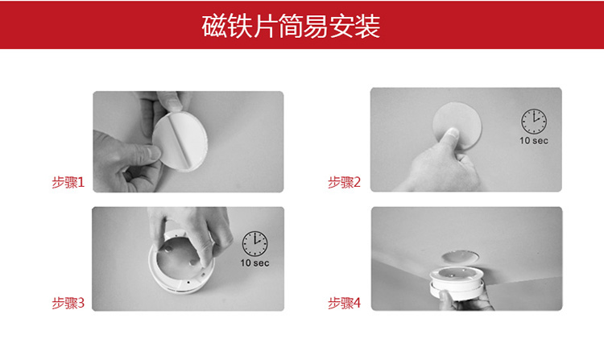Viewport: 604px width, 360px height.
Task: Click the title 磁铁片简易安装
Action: point(291,27)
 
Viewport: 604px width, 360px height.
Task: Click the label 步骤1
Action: point(68,182)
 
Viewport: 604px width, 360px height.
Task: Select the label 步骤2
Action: point(344,182)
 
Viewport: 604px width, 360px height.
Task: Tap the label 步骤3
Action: point(68,303)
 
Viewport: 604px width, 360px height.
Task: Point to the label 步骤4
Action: point(344,303)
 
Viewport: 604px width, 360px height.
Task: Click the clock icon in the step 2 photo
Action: point(534,122)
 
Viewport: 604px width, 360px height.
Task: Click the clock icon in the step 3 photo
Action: point(255,244)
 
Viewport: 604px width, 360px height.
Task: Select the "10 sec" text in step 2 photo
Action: point(534,140)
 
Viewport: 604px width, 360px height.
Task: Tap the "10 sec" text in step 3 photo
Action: point(255,263)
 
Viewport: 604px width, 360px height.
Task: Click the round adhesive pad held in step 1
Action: point(180,140)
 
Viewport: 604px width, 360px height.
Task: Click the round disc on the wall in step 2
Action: point(457,125)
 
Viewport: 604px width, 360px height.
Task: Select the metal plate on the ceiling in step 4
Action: point(460,256)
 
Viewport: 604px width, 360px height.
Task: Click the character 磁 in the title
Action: point(214,27)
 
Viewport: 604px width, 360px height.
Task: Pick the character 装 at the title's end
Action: point(368,27)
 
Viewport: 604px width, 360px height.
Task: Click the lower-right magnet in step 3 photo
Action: point(193,263)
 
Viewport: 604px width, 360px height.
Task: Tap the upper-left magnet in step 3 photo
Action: point(169,249)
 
